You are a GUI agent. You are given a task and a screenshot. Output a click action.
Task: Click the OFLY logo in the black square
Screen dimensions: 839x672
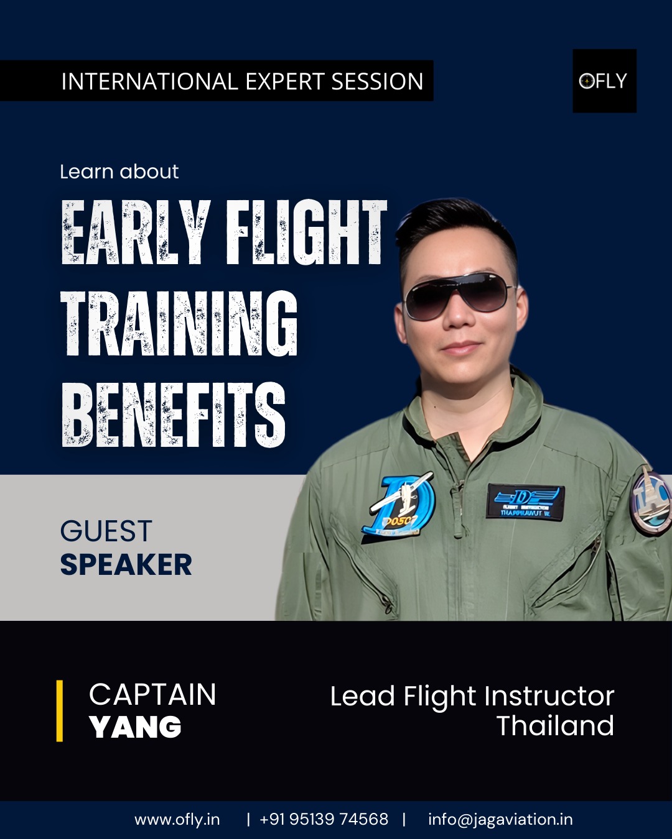pos(604,81)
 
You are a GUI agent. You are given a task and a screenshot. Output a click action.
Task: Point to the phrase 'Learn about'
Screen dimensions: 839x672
pos(119,172)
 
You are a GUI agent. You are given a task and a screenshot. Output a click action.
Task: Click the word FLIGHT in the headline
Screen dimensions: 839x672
pos(306,232)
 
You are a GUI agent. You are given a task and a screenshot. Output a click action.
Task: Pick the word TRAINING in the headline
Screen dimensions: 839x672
pos(179,324)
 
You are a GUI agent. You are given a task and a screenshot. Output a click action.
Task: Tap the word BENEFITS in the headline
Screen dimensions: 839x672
pos(173,415)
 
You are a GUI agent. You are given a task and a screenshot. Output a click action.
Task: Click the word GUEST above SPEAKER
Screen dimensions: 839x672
pos(106,531)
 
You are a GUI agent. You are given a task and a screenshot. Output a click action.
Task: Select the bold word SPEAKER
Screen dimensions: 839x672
pos(126,564)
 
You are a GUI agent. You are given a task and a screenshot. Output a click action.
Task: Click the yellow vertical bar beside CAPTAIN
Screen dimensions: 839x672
pos(60,710)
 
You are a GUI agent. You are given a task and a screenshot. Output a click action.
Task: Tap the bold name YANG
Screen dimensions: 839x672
pos(135,727)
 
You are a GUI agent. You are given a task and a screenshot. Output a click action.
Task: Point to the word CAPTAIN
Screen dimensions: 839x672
pos(152,694)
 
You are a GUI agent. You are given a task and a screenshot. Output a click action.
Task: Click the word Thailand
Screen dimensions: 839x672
pos(555,725)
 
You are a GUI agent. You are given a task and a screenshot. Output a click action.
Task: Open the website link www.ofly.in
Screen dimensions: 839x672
pos(177,819)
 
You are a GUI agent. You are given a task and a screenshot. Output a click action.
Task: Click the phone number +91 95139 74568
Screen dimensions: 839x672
pos(324,819)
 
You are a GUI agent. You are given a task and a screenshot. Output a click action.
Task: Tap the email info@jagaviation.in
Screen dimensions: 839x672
pos(500,819)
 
